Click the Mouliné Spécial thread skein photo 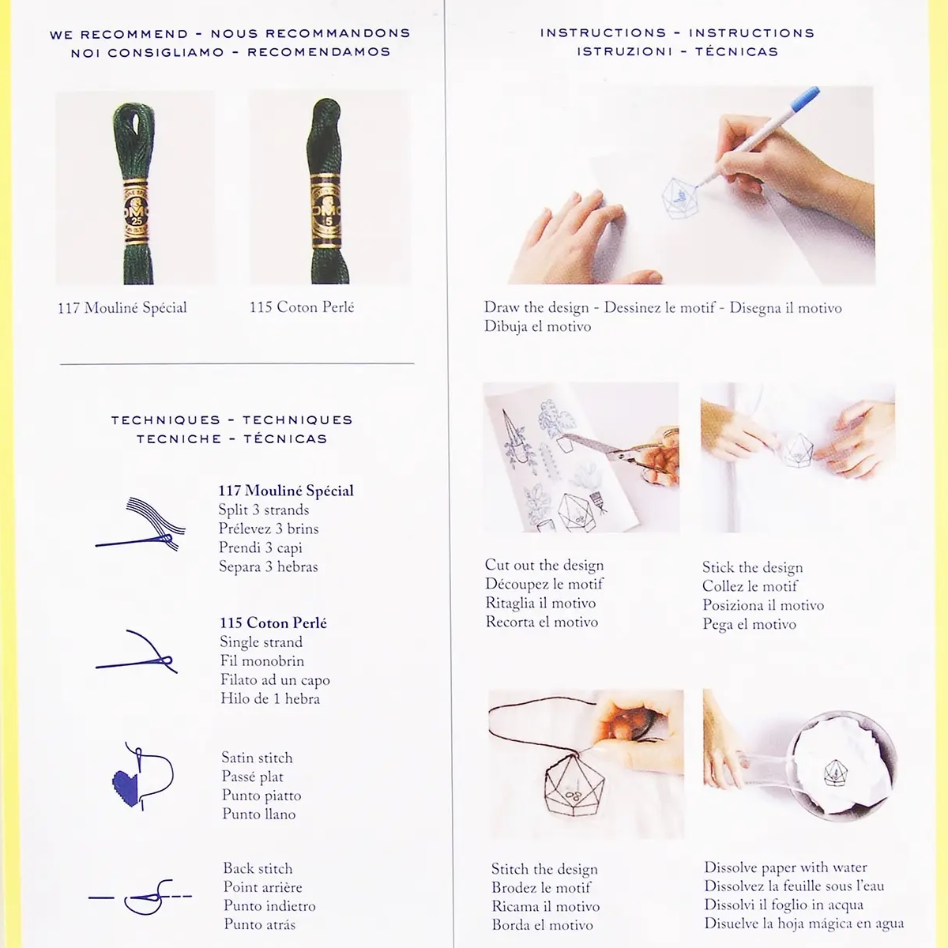coord(134,187)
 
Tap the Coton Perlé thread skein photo coord(329,187)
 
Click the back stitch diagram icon coord(140,897)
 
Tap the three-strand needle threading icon coord(141,524)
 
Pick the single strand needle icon coord(137,653)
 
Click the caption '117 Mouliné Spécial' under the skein coord(122,308)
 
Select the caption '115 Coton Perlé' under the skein coord(302,307)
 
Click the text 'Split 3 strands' coord(264,510)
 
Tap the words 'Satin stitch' coord(257,758)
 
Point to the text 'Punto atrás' coord(260,924)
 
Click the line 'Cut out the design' coord(544,565)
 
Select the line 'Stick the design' coord(752,567)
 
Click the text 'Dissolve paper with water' coord(785,867)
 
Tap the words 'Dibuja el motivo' coord(537,326)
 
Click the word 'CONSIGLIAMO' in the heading coord(166,52)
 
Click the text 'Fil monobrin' coord(262,660)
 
